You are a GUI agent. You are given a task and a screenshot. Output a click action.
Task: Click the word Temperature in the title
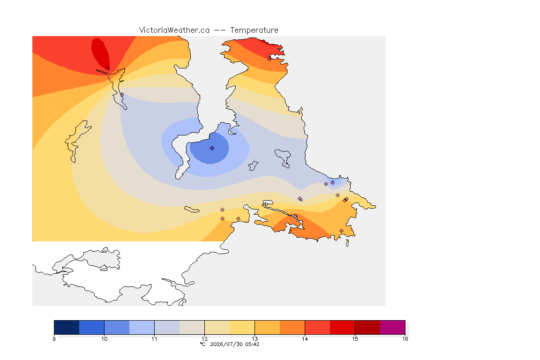click(x=254, y=30)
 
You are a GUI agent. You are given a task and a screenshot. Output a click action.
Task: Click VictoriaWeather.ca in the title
click(x=174, y=30)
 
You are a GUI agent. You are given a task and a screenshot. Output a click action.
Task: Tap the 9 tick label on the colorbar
click(x=54, y=339)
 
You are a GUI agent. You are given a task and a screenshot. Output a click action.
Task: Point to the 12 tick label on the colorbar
click(x=204, y=339)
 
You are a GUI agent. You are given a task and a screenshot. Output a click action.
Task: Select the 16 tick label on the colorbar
click(x=405, y=339)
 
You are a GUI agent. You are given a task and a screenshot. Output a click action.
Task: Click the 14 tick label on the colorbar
click(x=305, y=339)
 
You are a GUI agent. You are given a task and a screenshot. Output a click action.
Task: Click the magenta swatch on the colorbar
click(x=393, y=327)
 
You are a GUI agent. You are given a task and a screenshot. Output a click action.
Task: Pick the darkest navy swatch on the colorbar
click(x=67, y=327)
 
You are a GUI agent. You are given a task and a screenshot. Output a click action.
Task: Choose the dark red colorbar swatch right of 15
click(x=367, y=327)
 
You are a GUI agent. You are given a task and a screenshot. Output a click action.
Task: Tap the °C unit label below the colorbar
click(x=202, y=344)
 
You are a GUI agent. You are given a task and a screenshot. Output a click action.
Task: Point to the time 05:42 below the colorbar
click(x=252, y=344)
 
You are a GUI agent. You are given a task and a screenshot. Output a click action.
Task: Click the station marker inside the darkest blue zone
click(x=212, y=148)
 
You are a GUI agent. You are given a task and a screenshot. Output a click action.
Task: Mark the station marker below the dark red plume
click(x=108, y=69)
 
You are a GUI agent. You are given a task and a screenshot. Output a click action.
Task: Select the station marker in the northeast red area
click(x=270, y=59)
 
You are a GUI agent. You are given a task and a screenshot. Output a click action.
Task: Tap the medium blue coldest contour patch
click(x=210, y=149)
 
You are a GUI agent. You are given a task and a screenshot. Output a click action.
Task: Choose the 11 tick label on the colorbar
click(x=154, y=339)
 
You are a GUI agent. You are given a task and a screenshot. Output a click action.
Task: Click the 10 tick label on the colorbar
click(x=105, y=339)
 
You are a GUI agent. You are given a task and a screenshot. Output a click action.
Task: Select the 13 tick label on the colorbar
click(x=255, y=339)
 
